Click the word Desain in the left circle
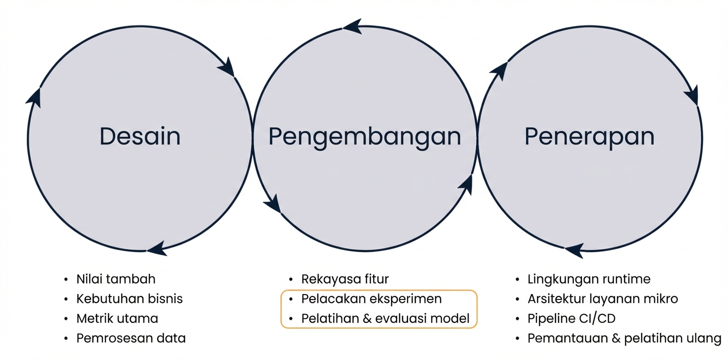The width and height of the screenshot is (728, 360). click(140, 136)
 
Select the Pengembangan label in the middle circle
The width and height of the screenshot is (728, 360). click(364, 136)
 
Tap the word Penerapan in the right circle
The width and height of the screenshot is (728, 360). click(589, 136)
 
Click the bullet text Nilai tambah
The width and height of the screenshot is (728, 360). click(116, 279)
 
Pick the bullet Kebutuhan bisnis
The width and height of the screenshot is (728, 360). click(129, 299)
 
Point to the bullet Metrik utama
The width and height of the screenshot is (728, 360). click(117, 318)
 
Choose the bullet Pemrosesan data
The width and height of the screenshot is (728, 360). click(131, 338)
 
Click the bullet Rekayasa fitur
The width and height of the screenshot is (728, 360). click(345, 279)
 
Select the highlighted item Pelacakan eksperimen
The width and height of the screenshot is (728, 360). click(371, 299)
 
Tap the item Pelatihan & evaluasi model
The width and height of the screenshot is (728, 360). click(385, 319)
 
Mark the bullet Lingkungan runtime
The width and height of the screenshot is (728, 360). click(589, 279)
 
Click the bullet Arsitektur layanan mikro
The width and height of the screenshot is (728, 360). click(603, 299)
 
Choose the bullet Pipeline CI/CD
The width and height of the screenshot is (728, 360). click(571, 318)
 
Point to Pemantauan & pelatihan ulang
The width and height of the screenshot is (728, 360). click(624, 338)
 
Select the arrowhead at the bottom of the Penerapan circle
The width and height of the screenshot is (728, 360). click(574, 249)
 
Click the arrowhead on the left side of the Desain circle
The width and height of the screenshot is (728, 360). click(34, 96)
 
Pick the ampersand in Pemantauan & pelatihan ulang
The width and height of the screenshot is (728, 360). click(616, 338)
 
